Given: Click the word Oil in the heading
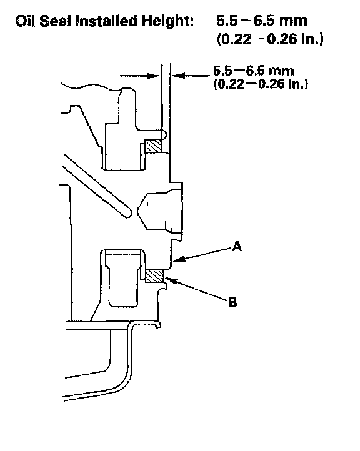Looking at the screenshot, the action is click(x=25, y=21).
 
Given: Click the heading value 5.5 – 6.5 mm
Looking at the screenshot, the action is click(x=262, y=21).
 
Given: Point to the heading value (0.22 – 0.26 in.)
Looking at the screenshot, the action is click(x=270, y=39).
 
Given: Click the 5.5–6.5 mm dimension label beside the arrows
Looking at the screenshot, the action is click(x=254, y=71).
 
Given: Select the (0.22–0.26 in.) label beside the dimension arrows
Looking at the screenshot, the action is click(x=261, y=84).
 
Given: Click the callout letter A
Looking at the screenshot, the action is click(x=237, y=247).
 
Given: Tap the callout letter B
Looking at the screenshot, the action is click(x=232, y=302).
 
